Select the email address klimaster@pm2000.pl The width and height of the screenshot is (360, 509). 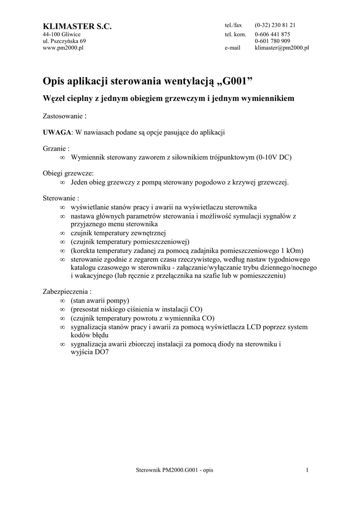click(x=282, y=48)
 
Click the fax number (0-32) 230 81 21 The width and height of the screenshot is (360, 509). click(x=275, y=25)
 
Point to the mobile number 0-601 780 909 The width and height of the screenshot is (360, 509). click(x=272, y=41)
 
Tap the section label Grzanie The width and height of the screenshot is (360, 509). click(x=55, y=149)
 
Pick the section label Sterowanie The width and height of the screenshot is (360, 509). click(x=61, y=198)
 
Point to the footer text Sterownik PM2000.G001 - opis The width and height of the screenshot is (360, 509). click(x=174, y=470)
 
